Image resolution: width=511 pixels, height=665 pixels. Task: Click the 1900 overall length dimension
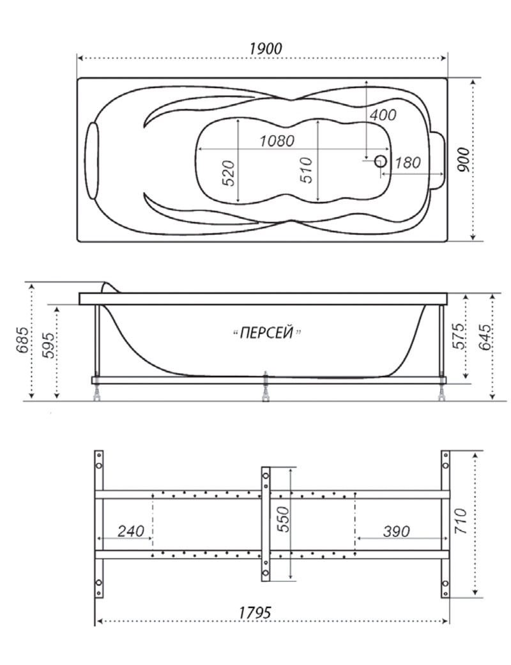pos(265,49)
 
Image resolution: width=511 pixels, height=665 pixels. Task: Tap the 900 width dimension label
pos(464,160)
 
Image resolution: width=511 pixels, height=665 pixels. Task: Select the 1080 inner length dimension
pos(277,140)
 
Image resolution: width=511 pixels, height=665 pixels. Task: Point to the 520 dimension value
pos(228,173)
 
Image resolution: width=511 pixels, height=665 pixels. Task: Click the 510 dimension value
pos(305,170)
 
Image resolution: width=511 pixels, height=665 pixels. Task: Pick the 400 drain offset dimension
pos(383,114)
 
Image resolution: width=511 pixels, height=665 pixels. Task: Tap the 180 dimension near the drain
pos(408,163)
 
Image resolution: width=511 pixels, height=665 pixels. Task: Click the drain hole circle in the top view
pos(380,161)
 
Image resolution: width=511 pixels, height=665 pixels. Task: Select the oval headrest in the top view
pos(92,160)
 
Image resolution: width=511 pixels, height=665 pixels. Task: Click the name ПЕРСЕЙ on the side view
pos(267,332)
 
